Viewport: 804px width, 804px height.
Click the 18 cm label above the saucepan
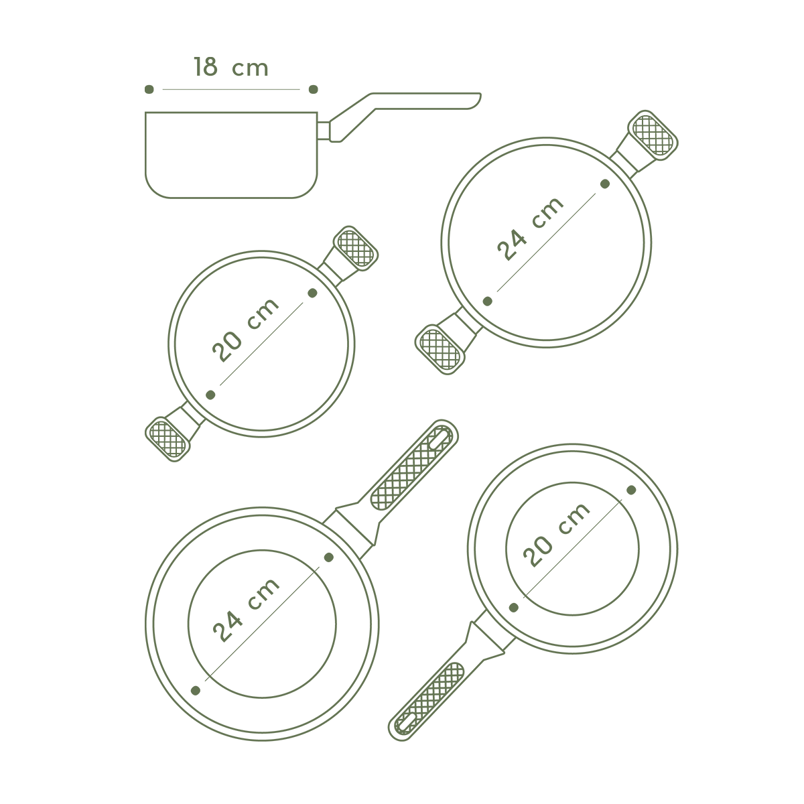tap(230, 67)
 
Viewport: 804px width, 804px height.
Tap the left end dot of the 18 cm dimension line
tap(149, 89)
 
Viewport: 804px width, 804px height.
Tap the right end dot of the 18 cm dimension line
tap(314, 89)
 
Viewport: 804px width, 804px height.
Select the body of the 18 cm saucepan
tap(231, 155)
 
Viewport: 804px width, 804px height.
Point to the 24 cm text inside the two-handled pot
tap(530, 229)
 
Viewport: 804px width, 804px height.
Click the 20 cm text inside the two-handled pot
tap(245, 330)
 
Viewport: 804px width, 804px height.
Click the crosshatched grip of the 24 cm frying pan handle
tap(410, 468)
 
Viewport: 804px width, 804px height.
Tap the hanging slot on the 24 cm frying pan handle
tap(441, 438)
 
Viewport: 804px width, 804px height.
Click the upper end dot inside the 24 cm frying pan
tap(329, 557)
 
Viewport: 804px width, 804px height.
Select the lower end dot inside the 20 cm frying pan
tap(514, 608)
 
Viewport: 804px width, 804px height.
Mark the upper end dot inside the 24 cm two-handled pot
tap(605, 184)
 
